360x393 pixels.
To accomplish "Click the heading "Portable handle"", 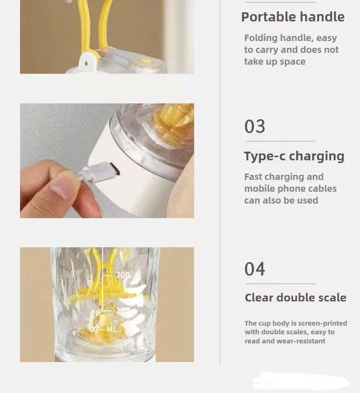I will click(293, 17).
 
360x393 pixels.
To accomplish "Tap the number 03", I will click(255, 126).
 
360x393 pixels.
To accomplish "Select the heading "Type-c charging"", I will click(294, 156).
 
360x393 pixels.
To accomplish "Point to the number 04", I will click(255, 269).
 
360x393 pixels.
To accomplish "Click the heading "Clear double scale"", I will click(295, 298).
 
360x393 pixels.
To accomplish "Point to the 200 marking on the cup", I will click(123, 275).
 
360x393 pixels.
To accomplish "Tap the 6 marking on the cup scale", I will click(90, 283).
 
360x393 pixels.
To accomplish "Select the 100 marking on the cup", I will click(122, 311).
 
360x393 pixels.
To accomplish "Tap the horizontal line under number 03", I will click(280, 141).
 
